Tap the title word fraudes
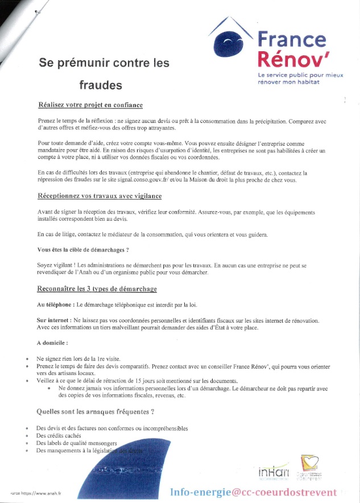point(100,85)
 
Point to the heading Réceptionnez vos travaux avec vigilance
point(100,196)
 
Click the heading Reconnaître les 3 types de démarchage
point(96,289)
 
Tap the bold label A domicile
point(52,343)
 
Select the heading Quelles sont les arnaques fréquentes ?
point(96,411)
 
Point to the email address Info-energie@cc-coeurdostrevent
point(253,491)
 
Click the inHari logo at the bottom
point(274,472)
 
